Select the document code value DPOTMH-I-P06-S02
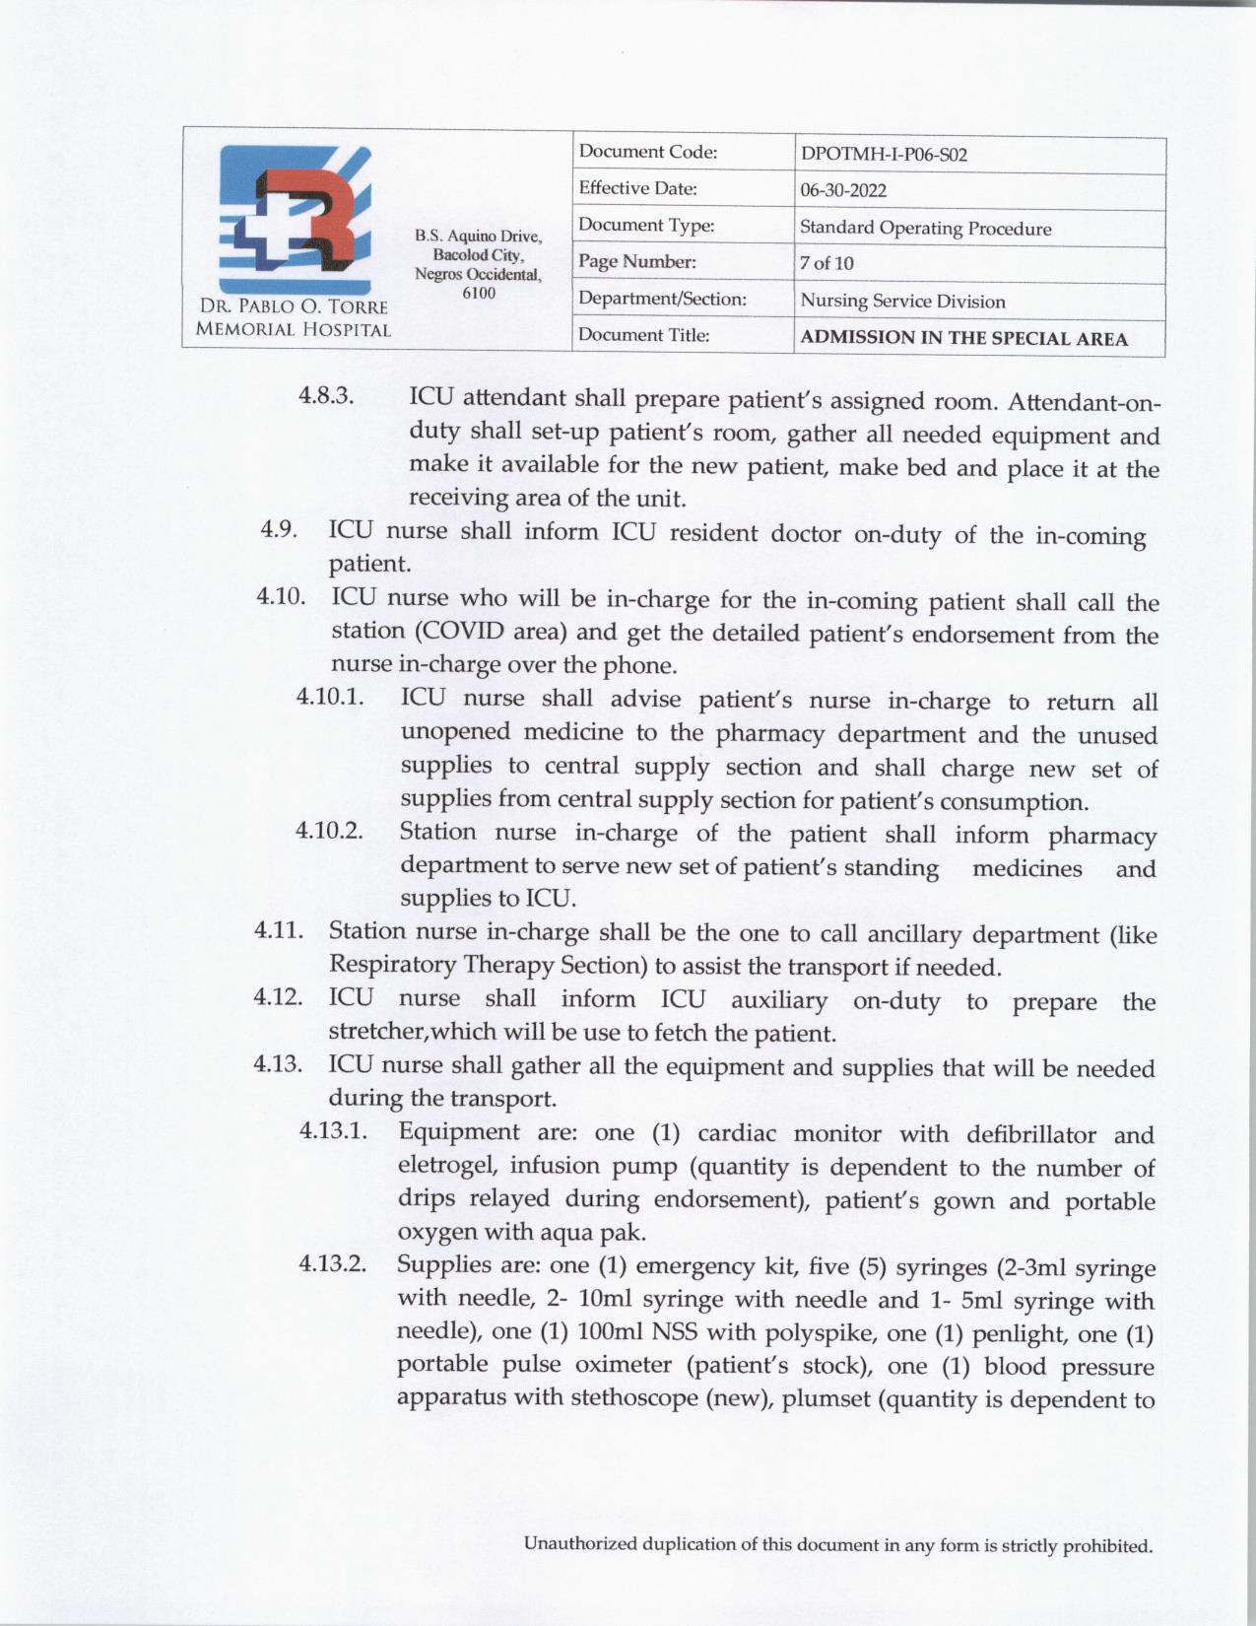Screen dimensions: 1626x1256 [x=884, y=155]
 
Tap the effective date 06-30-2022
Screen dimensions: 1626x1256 [x=843, y=191]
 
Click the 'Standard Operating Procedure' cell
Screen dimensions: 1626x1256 [x=925, y=229]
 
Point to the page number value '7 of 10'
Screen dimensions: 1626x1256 [x=826, y=263]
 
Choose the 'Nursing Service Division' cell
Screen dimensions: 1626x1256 [x=902, y=302]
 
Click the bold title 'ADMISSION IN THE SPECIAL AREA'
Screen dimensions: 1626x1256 [x=963, y=338]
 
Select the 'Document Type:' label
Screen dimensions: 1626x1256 [x=646, y=226]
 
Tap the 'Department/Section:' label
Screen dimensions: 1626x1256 [x=662, y=299]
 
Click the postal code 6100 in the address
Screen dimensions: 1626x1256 [x=479, y=294]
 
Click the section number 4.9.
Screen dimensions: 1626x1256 [x=279, y=529]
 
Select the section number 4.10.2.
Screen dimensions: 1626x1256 [x=329, y=831]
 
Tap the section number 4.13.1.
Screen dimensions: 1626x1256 [x=333, y=1130]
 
